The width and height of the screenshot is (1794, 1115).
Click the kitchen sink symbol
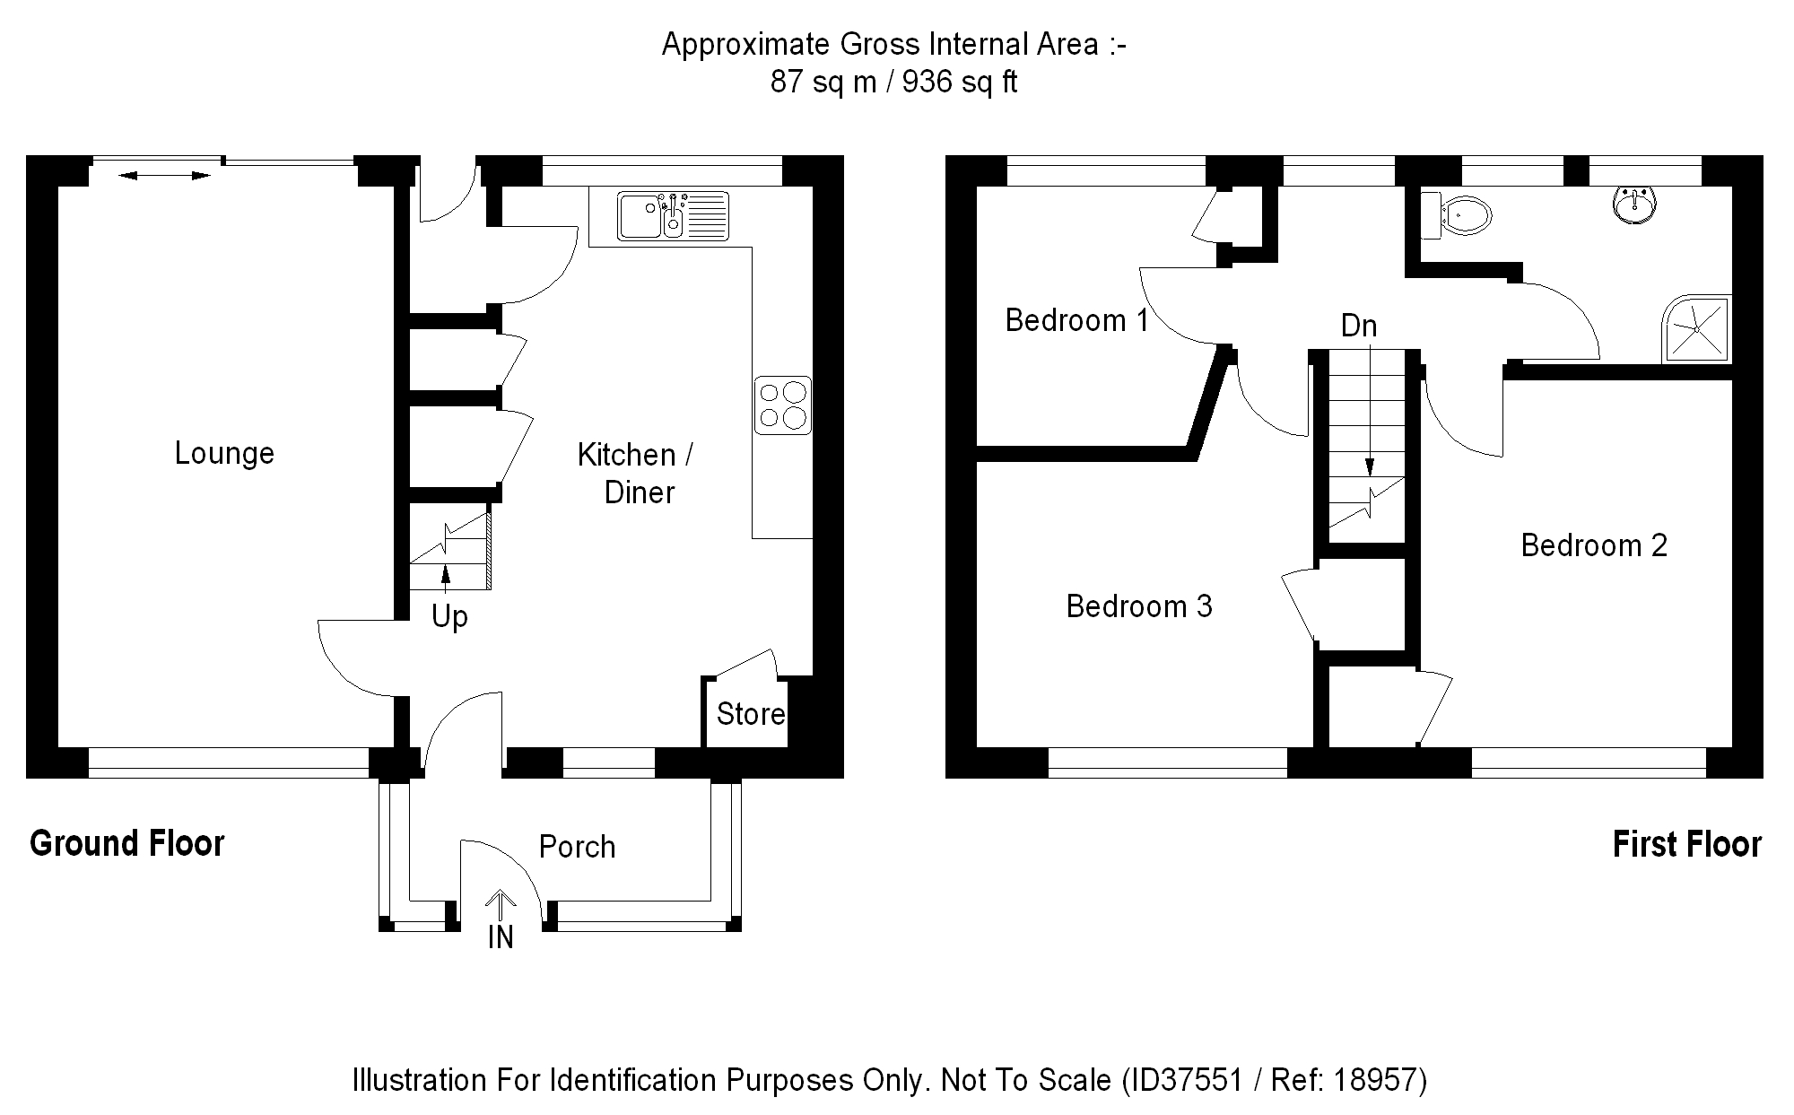tap(673, 216)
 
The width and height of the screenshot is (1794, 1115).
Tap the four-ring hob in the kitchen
tap(782, 405)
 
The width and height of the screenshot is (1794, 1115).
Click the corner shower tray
tap(1696, 329)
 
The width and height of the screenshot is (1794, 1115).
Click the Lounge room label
tap(224, 453)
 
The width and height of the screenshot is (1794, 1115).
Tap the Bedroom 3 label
tap(1139, 606)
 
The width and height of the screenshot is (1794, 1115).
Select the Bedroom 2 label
tap(1594, 545)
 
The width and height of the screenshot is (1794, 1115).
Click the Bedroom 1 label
tap(1076, 320)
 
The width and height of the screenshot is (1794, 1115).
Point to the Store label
tap(751, 714)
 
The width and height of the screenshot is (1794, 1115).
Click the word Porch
tap(577, 847)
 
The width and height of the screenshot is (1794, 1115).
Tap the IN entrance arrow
tap(501, 906)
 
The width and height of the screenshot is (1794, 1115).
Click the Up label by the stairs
tap(449, 617)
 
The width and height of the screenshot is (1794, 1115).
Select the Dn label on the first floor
tap(1359, 326)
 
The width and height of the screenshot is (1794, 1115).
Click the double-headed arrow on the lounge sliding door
tap(164, 175)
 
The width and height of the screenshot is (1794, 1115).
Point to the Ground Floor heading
tap(126, 843)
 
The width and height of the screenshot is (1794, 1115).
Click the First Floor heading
tap(1686, 844)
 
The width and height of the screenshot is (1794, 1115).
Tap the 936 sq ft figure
tap(960, 83)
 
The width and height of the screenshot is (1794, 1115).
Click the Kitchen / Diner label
tap(636, 473)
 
